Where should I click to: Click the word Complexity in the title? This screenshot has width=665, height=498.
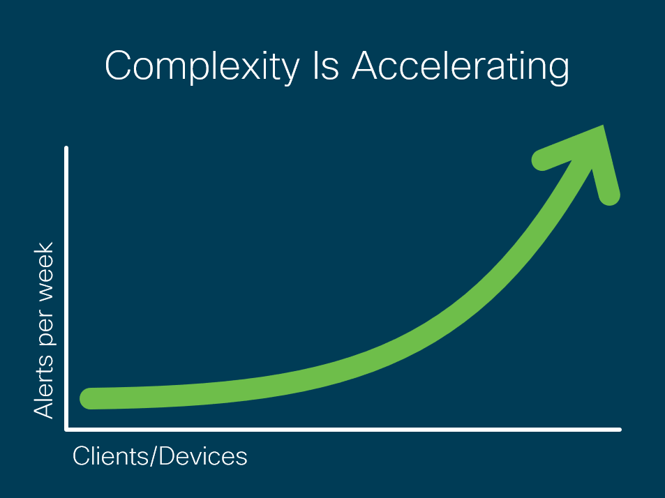[202, 66]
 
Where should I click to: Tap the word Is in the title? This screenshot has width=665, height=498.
[326, 66]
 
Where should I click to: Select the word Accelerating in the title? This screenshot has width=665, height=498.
[461, 67]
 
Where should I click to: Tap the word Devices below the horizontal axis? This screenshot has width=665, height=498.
[203, 456]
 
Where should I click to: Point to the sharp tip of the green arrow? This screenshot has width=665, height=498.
[603, 126]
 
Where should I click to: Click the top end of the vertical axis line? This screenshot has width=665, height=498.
[66, 147]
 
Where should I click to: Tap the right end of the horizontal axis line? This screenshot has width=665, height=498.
[620, 430]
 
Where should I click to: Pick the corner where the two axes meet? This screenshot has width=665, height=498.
[66, 430]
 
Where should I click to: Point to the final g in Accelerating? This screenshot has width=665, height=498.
[557, 72]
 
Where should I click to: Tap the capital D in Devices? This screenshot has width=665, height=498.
[168, 456]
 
